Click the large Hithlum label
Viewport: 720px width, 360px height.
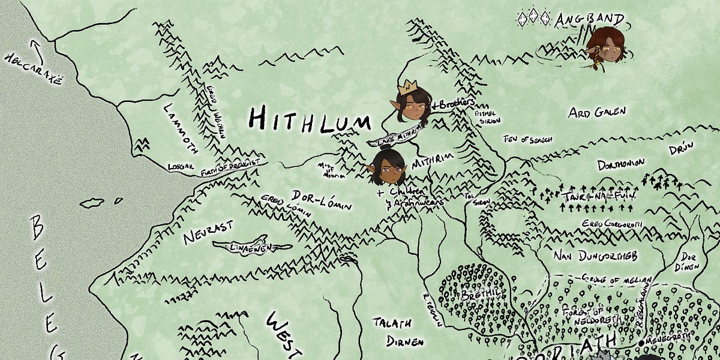309,119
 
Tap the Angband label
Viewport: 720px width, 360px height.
589,19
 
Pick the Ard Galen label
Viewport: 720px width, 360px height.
597,112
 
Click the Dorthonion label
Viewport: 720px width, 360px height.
621,163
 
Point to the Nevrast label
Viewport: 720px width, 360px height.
208,231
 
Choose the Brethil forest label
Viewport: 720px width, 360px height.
476,295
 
